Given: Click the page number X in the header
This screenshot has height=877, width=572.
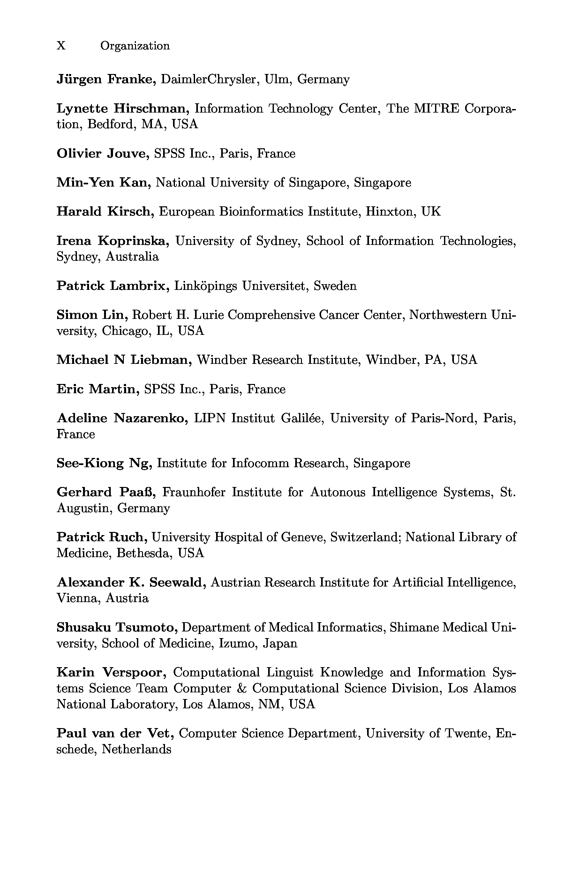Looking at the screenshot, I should (x=61, y=46).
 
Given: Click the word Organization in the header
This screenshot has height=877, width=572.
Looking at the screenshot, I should (x=135, y=46).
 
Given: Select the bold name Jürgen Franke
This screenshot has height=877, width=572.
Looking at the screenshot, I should (x=106, y=79).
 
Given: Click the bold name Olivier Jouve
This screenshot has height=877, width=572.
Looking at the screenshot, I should (x=103, y=153).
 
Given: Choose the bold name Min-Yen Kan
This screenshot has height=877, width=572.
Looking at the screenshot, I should (x=104, y=182).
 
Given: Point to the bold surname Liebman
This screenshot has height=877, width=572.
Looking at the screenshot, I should (x=161, y=360).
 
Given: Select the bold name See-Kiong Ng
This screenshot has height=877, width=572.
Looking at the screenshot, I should (x=104, y=463).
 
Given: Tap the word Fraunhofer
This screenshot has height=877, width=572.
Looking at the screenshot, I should (x=194, y=492).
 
